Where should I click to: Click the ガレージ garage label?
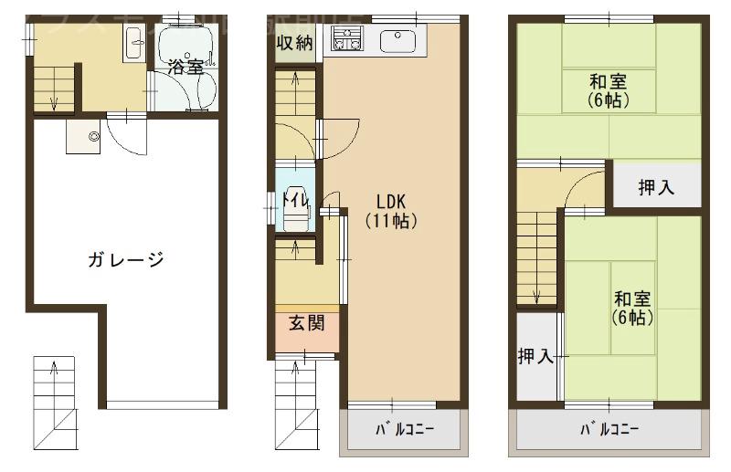tap(126, 260)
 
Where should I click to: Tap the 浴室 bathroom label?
tap(185, 67)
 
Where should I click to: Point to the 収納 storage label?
tap(295, 42)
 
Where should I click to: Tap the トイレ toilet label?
tap(294, 199)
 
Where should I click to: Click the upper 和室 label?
tap(608, 81)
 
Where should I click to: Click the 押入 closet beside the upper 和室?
tap(656, 188)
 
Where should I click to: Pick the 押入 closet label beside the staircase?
tap(536, 357)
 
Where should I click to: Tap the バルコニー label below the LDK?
tap(402, 428)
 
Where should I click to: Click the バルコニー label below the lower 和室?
tap(609, 428)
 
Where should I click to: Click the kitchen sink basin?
tap(397, 40)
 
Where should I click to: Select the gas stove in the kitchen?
tap(346, 40)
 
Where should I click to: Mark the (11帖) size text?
tap(390, 221)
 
